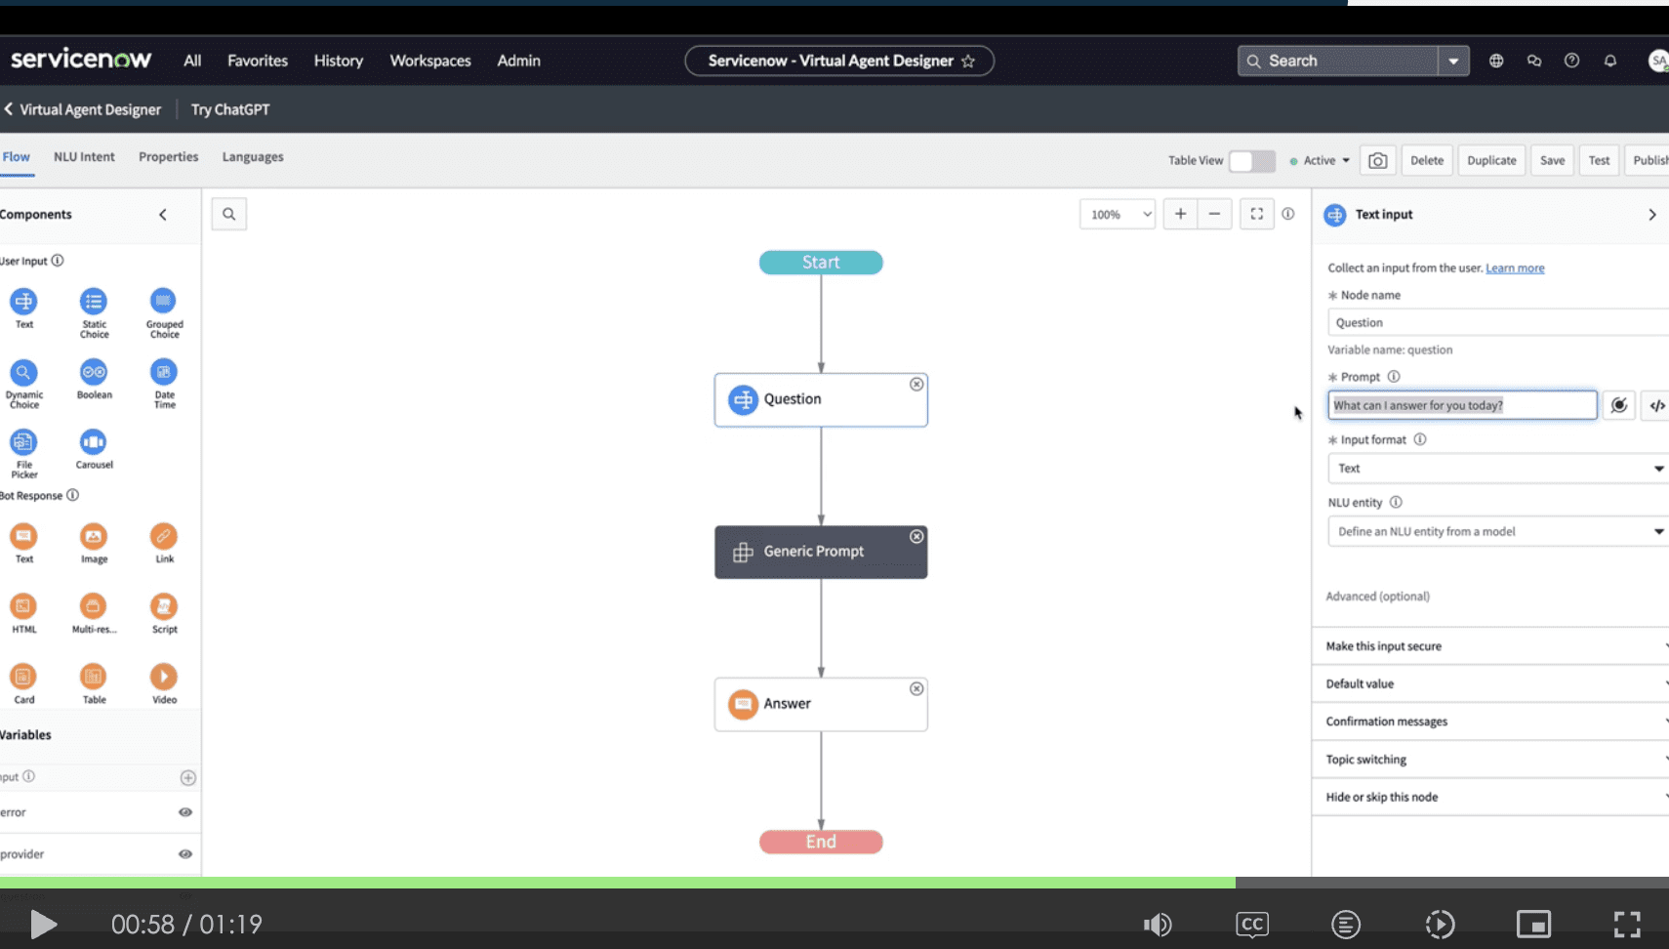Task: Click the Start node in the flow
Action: tap(821, 263)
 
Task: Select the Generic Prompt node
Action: tap(820, 552)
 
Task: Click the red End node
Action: tap(821, 842)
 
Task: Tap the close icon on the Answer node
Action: tap(916, 689)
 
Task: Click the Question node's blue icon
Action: tap(743, 399)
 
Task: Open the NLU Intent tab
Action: tap(84, 157)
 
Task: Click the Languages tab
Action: tap(253, 157)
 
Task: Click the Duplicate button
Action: tap(1491, 160)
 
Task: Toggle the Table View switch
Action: tap(1251, 161)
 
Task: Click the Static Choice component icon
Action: tap(94, 302)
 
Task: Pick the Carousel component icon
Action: tap(94, 442)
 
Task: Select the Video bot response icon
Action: tap(164, 677)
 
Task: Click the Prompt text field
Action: tap(1461, 405)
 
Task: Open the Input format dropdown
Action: tap(1497, 469)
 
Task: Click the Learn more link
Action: tap(1515, 268)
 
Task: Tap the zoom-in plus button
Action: tap(1180, 215)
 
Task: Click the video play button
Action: tap(43, 924)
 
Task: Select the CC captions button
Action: tap(1252, 924)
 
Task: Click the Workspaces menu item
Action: tap(430, 61)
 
